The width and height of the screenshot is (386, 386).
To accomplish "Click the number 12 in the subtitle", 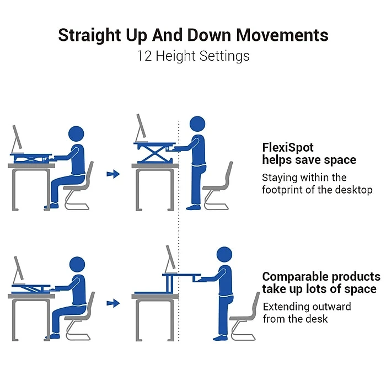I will point(145,56).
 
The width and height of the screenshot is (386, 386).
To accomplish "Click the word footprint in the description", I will point(286,190).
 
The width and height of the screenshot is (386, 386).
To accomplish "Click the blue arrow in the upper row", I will point(113,174).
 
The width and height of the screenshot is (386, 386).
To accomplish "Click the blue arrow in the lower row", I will point(113,303).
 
